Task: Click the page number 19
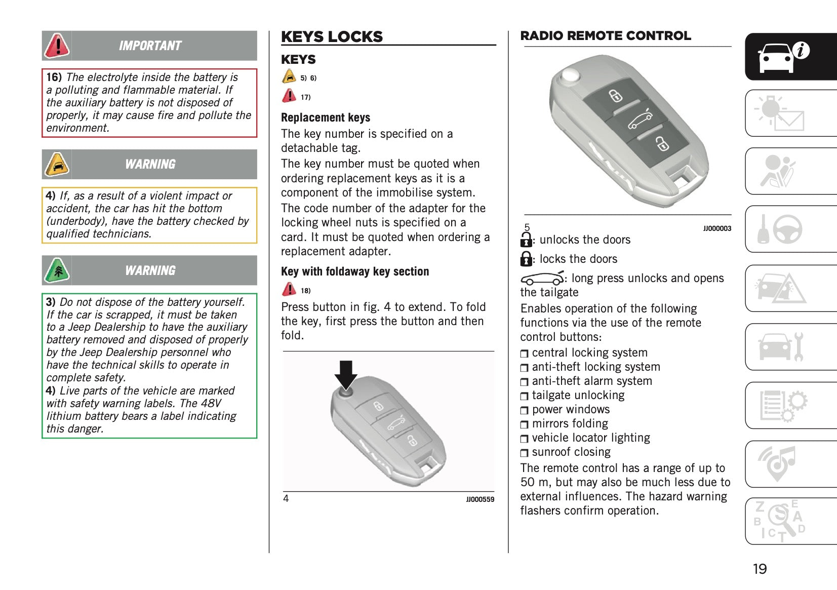(x=760, y=569)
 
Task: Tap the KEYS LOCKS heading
(x=332, y=36)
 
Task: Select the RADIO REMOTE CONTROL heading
(x=605, y=35)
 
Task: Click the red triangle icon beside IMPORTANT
(x=57, y=46)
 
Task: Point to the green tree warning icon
(x=57, y=270)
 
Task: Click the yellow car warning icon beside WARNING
(x=57, y=164)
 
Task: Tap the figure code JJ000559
(x=480, y=499)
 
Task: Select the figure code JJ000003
(x=716, y=228)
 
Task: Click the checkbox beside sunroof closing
(x=524, y=453)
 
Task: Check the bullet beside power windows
(x=524, y=410)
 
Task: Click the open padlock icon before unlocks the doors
(x=526, y=240)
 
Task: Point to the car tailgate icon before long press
(x=542, y=279)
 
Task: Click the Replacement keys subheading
(x=326, y=117)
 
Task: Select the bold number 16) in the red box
(x=54, y=77)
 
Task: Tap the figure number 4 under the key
(x=286, y=499)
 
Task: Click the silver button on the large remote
(x=570, y=76)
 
